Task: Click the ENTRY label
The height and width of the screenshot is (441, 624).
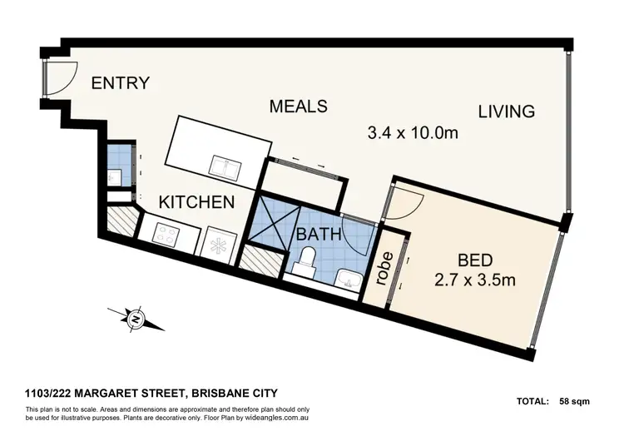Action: click(x=120, y=83)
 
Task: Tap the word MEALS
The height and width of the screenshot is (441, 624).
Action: click(x=298, y=107)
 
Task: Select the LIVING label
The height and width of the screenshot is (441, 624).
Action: click(x=506, y=111)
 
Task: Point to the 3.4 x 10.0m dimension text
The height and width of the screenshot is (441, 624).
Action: click(x=414, y=132)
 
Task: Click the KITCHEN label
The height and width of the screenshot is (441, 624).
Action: click(x=196, y=202)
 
